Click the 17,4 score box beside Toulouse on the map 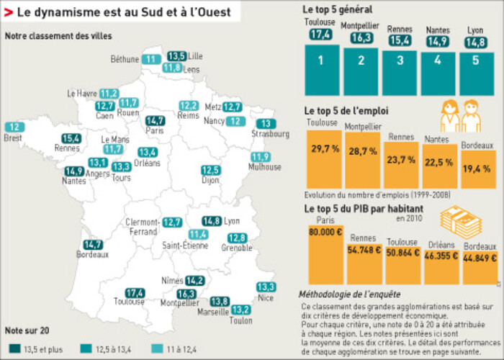(135, 293)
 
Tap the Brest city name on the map (13, 138)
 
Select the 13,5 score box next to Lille (176, 55)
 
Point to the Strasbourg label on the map (265, 134)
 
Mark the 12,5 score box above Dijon (210, 170)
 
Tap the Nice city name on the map (266, 297)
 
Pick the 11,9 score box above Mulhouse (260, 157)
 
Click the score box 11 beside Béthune (151, 59)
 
